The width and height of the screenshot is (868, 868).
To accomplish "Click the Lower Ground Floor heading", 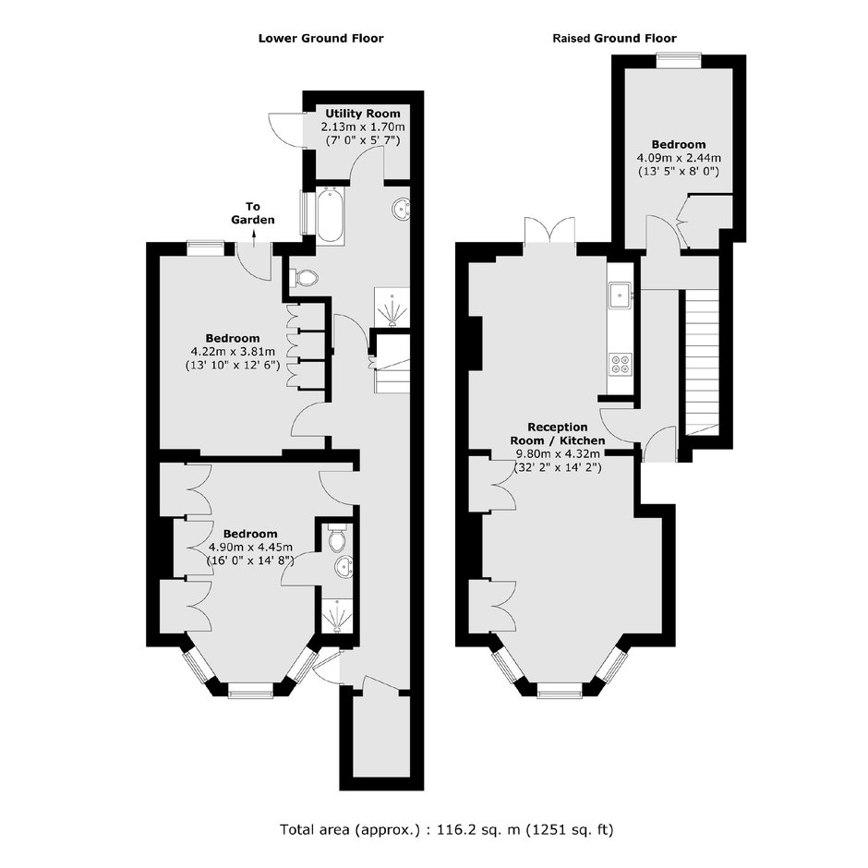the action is click(321, 38).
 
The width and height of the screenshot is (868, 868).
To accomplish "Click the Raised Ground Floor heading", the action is click(614, 38).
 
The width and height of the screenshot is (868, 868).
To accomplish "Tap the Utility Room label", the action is click(363, 114).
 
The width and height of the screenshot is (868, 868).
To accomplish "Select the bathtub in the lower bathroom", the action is click(331, 214).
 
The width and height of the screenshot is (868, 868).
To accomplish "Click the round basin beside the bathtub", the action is click(402, 209).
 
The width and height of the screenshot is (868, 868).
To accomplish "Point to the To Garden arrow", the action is click(254, 239).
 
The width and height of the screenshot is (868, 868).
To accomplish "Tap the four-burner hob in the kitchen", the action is click(620, 364).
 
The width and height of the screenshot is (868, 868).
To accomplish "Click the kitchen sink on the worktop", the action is click(620, 295).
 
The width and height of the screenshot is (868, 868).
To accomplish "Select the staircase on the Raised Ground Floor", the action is click(703, 362).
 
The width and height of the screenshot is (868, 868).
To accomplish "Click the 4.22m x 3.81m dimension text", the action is click(233, 352).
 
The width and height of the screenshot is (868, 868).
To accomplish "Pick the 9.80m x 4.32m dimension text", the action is click(558, 454).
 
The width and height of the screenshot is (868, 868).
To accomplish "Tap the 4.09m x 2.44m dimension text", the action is click(679, 158).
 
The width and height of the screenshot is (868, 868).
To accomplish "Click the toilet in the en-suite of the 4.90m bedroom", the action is click(336, 537).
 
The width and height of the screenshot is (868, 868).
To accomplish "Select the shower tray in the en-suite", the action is click(336, 614).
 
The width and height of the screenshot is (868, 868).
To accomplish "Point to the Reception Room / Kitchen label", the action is click(558, 434).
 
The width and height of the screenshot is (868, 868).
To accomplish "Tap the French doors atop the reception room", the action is click(549, 230).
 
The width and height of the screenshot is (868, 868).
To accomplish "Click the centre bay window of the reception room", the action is click(560, 689).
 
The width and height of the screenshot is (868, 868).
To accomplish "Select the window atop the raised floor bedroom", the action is click(680, 60).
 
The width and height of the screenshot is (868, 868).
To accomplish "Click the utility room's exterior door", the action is click(287, 129).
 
